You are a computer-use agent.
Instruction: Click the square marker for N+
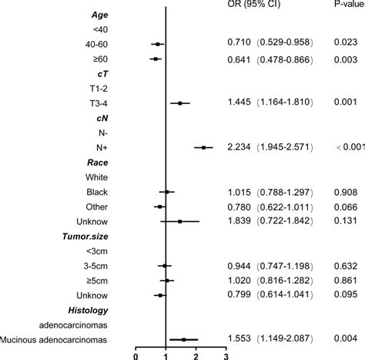point(204,168)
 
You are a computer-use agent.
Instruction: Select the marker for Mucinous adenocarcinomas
point(183,338)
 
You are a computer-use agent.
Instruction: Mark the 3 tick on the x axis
point(226,355)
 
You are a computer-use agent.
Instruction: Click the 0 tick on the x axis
point(136,355)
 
